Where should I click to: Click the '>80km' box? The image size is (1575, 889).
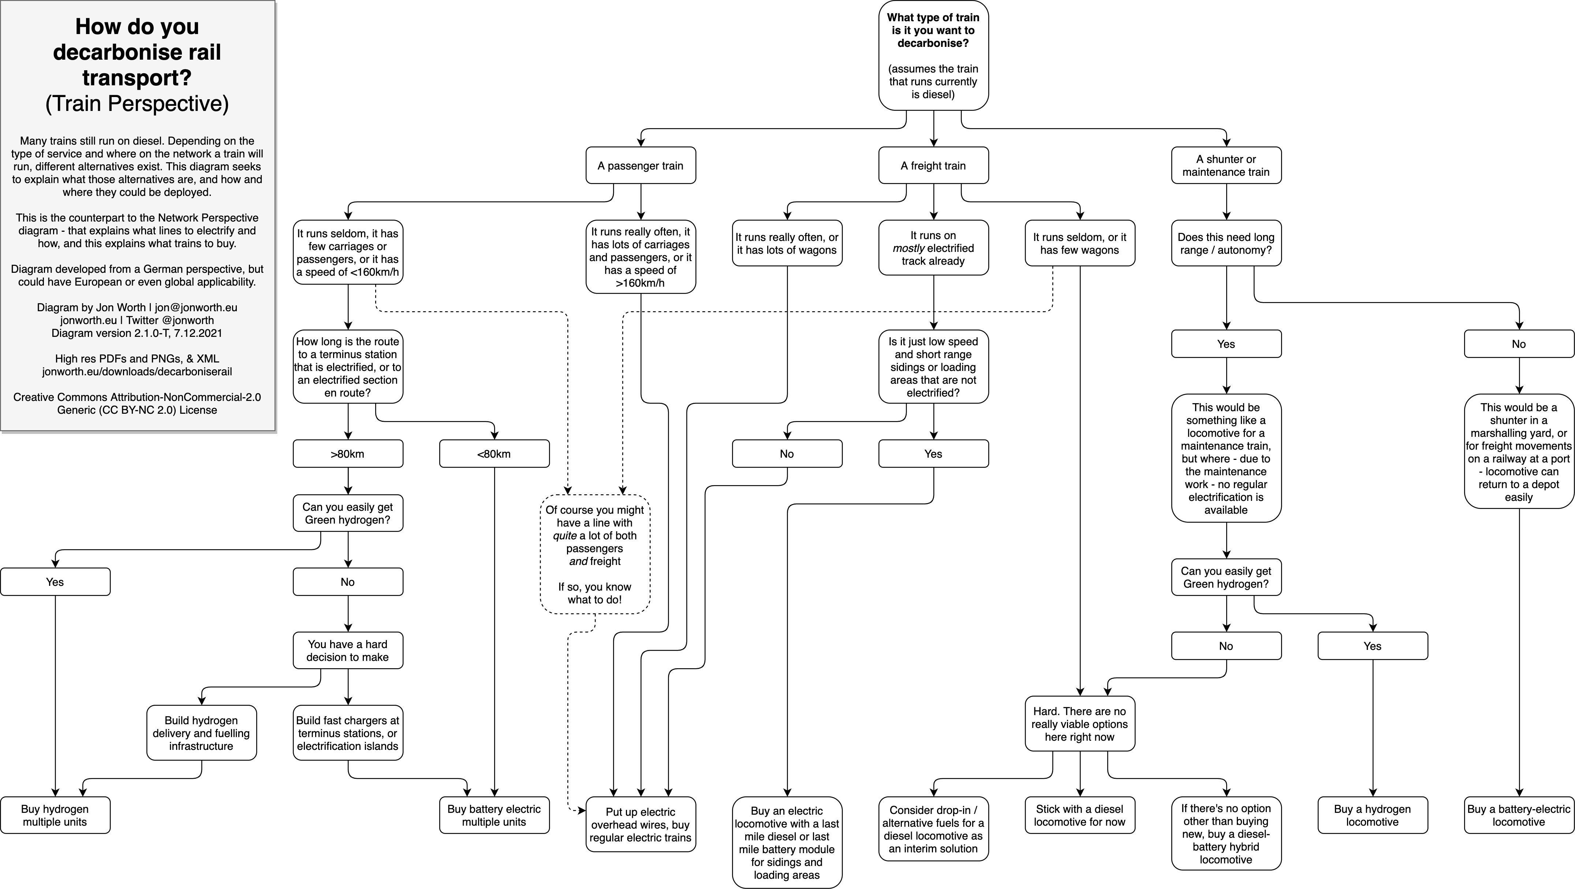point(347,454)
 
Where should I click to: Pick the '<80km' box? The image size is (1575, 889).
point(494,454)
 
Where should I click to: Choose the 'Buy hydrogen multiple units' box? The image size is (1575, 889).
point(55,815)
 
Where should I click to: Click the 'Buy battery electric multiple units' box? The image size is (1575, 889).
point(494,815)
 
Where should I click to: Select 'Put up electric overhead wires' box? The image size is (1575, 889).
point(640,824)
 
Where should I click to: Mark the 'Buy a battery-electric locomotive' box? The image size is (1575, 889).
point(1519,815)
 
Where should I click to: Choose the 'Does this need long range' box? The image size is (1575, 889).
point(1226,243)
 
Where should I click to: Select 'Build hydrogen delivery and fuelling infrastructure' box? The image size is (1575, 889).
point(201,733)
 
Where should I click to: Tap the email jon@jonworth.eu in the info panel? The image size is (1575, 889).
point(196,308)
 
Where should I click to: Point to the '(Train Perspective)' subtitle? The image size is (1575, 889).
point(137,103)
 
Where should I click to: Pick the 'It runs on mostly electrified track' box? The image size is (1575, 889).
point(933,248)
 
